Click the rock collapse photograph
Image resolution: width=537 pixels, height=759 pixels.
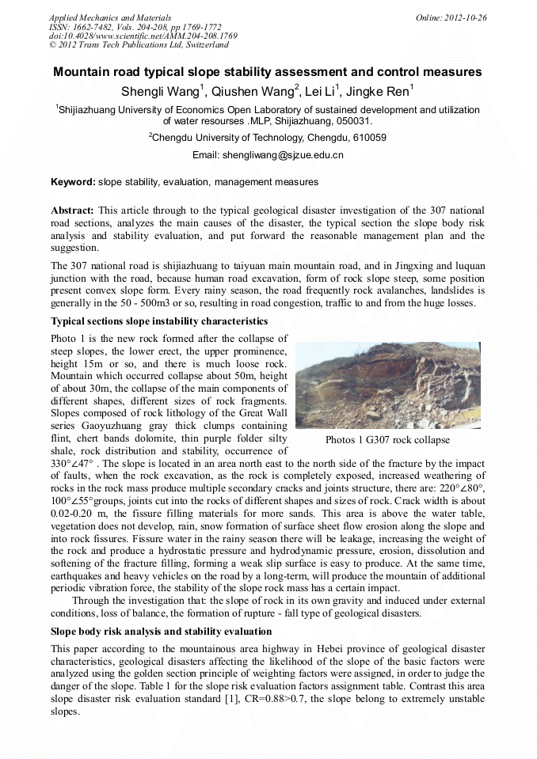click(387, 385)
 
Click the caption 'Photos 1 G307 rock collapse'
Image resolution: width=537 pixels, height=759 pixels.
click(387, 440)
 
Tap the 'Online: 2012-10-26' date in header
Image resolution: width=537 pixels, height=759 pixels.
click(451, 17)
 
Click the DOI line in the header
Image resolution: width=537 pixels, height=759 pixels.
click(143, 36)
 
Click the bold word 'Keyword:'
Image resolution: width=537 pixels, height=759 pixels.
click(73, 182)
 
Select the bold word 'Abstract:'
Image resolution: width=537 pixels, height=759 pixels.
click(73, 211)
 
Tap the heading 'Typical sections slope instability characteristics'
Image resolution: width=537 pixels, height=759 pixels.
click(159, 321)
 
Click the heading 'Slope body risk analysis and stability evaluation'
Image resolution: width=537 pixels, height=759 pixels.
click(161, 632)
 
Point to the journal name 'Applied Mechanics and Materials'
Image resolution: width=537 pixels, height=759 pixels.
click(109, 17)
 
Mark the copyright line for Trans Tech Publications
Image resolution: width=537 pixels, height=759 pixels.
click(139, 46)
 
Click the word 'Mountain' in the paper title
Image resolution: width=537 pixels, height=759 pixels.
click(84, 73)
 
